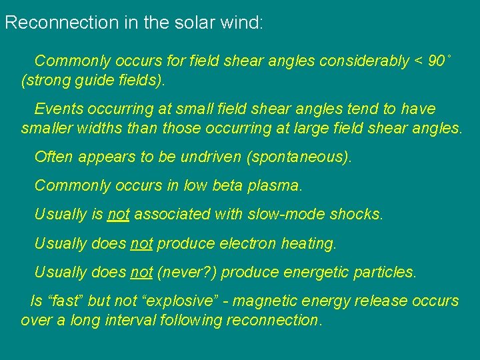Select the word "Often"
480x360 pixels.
point(54,157)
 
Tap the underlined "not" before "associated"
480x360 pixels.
point(118,215)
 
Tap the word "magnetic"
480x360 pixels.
point(265,301)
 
